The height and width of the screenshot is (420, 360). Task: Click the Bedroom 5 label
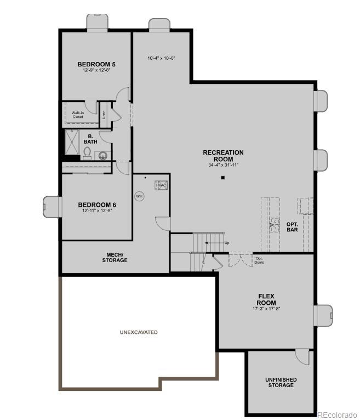(x=96, y=64)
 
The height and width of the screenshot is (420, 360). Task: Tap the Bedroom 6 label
(x=96, y=205)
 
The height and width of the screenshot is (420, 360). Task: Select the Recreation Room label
(x=223, y=156)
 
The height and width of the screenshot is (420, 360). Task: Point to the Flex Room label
(x=266, y=299)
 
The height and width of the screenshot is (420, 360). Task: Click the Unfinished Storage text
(x=281, y=382)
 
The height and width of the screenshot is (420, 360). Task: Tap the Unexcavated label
(x=139, y=332)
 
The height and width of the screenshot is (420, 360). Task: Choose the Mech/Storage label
(x=115, y=257)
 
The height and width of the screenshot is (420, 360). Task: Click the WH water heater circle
(x=139, y=195)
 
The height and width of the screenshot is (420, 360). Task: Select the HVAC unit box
(x=161, y=185)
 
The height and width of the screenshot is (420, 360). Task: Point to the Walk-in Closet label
(x=78, y=115)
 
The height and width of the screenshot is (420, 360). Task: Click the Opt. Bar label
(x=293, y=226)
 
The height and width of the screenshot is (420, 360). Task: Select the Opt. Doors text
(x=260, y=260)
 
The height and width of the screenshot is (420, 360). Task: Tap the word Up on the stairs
(x=227, y=243)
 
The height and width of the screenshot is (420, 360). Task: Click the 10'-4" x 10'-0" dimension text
(x=161, y=58)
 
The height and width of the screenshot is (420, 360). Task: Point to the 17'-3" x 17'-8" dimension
(x=266, y=309)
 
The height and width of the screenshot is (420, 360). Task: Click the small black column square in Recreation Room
(x=223, y=178)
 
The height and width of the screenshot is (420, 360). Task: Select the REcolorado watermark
(x=336, y=415)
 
